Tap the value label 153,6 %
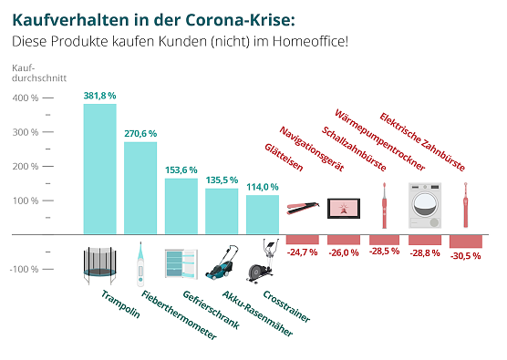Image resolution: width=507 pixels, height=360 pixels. pyautogui.click(x=181, y=170)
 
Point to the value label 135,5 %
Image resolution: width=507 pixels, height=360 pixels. pyautogui.click(x=222, y=180)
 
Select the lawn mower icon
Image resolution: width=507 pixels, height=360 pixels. pyautogui.click(x=222, y=262)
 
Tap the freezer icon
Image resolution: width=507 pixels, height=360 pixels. pyautogui.click(x=180, y=263)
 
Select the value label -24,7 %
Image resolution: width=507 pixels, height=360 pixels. pyautogui.click(x=302, y=250)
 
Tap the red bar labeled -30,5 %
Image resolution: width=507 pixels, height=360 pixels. pyautogui.click(x=466, y=242)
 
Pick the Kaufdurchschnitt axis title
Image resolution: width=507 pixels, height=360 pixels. pyautogui.click(x=36, y=74)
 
